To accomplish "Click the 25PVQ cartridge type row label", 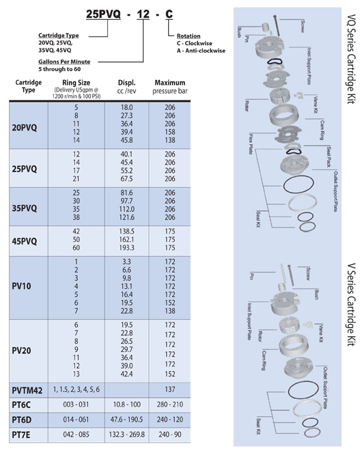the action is pos(25,169).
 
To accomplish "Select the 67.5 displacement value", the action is pos(126,178).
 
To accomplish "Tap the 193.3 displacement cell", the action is pos(126,247).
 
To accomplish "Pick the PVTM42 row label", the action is pos(27,390).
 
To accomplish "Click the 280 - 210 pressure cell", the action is pos(170,405).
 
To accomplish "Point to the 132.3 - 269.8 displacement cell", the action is pos(127,435).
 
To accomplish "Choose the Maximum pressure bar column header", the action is pos(170,87).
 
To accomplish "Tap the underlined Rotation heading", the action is pos(189,36).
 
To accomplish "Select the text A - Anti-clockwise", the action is pos(201,51).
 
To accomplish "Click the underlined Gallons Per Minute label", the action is pos(64,61).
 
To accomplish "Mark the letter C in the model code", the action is pos(169,14).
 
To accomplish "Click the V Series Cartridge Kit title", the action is pos(351,305).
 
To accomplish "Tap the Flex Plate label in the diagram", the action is pos(251,143).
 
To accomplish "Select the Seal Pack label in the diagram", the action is pos(329,156).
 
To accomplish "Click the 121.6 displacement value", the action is pos(127,217).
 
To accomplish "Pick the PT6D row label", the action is pos(22,420).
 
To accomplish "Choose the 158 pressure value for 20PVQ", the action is pos(170,132).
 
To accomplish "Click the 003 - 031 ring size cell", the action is pos(77,405).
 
